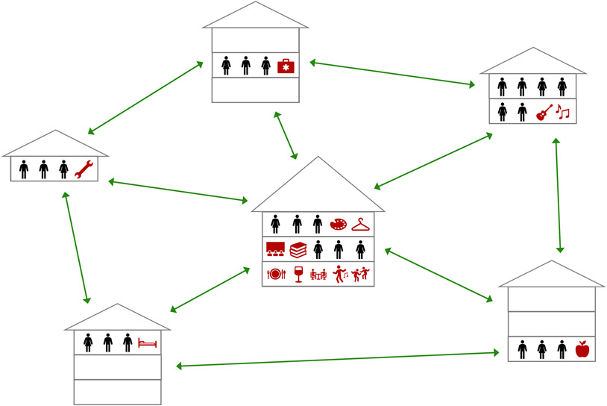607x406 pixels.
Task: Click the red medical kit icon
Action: click(286, 66)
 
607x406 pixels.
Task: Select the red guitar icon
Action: click(544, 112)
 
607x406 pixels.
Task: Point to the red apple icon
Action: click(582, 349)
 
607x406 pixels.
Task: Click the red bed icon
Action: click(147, 343)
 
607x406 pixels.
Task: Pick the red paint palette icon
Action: click(339, 224)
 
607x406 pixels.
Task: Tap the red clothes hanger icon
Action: click(361, 224)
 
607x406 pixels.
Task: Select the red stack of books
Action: click(298, 249)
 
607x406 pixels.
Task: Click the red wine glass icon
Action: click(299, 274)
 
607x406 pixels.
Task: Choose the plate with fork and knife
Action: click(275, 274)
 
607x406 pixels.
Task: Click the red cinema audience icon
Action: click(275, 249)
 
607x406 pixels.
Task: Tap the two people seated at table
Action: click(318, 274)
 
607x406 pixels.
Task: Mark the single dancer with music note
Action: click(340, 274)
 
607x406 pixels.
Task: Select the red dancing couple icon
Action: click(362, 274)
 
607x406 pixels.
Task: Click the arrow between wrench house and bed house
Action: click(75, 246)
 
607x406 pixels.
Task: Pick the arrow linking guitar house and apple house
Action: click(558, 196)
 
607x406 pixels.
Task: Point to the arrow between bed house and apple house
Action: click(336, 357)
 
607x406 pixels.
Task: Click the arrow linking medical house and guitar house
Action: click(392, 75)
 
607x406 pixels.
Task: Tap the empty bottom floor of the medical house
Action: click(255, 90)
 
